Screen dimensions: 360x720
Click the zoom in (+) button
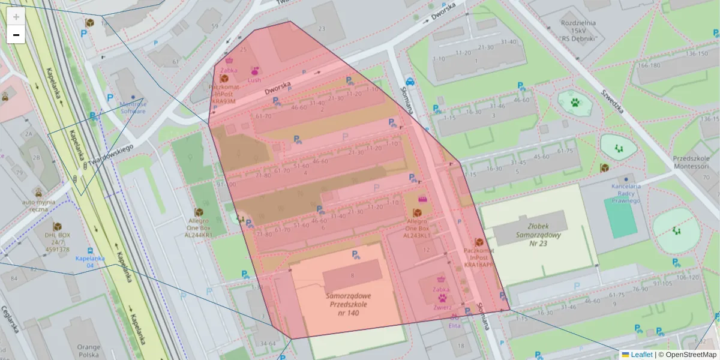click(16, 17)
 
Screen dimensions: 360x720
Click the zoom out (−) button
click(16, 35)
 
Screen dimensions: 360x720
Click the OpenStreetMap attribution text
click(687, 355)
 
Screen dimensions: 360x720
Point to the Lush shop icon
click(254, 71)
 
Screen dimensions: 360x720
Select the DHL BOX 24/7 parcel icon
click(57, 227)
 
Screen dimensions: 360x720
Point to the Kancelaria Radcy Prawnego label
click(626, 193)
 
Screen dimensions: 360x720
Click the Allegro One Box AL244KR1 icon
click(199, 212)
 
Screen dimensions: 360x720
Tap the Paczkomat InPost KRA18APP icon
click(479, 242)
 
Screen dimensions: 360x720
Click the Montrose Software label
click(133, 107)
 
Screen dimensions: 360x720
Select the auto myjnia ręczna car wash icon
click(38, 193)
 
